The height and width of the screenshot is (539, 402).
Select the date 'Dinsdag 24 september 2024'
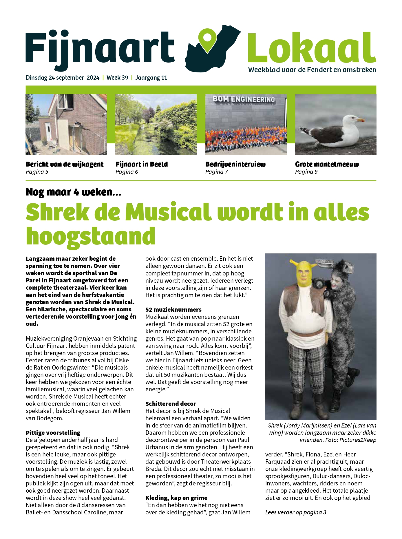tap(62, 78)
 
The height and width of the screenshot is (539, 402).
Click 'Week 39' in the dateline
tap(117, 78)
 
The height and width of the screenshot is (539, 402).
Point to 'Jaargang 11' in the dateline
tap(151, 78)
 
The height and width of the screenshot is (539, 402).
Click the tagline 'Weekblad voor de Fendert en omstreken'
tap(312, 70)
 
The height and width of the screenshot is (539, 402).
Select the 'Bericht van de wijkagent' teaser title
tap(65, 164)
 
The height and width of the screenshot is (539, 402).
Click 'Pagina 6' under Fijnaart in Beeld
tap(127, 172)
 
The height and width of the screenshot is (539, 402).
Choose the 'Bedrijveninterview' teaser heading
tap(235, 164)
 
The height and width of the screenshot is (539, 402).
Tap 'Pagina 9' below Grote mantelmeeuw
tap(306, 172)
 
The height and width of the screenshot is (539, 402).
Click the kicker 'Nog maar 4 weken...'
tap(73, 192)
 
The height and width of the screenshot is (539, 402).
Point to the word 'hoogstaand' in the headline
tap(91, 236)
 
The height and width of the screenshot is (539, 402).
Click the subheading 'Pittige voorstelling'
tap(53, 432)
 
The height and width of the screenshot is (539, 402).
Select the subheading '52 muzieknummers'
tap(173, 309)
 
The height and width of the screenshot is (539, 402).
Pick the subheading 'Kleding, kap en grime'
tap(176, 498)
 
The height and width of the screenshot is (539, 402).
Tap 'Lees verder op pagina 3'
tap(296, 512)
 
